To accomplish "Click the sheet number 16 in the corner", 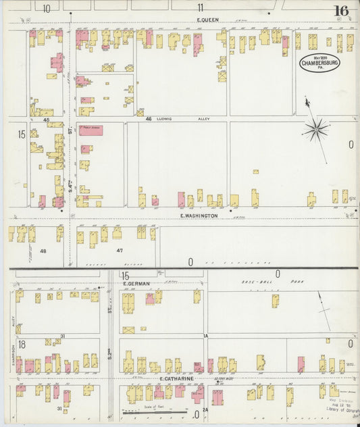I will [x=340, y=10].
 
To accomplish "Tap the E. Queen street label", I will [x=207, y=20].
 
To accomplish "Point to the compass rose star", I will [x=315, y=128].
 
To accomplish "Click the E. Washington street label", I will [x=199, y=216].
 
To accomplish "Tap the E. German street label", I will [x=136, y=284].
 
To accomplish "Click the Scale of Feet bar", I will [x=145, y=410].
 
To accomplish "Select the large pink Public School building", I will [x=91, y=130].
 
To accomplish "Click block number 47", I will [x=120, y=251].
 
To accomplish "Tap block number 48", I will [x=43, y=251].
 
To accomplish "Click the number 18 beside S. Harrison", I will [x=22, y=344].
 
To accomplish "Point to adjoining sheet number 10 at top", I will [x=47, y=8].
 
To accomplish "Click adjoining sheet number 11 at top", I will [x=201, y=8].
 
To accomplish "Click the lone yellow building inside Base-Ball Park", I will [x=275, y=300].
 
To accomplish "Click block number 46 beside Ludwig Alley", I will [x=149, y=119].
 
